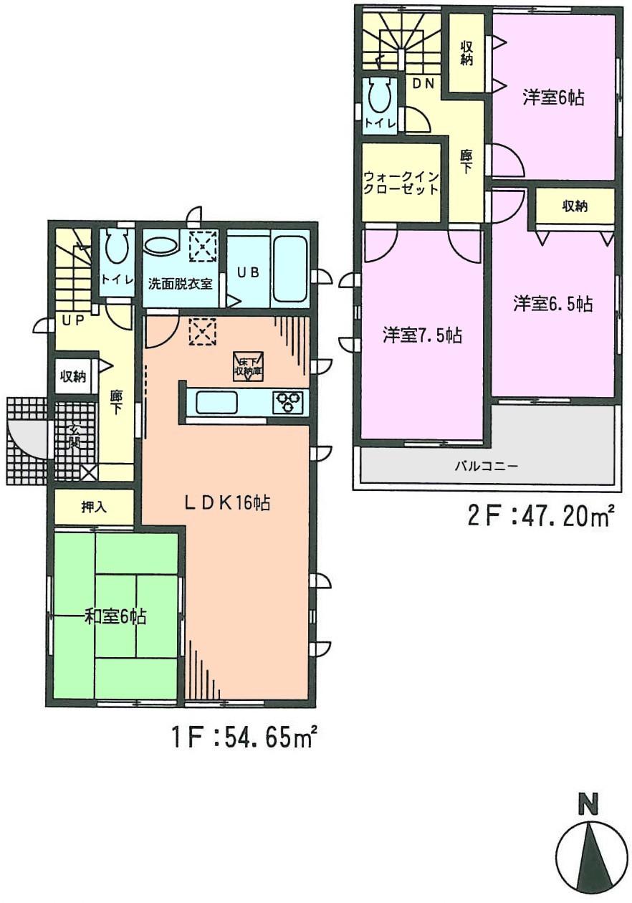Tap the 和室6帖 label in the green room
(x=116, y=616)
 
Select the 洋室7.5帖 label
(x=421, y=335)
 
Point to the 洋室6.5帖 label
(x=552, y=304)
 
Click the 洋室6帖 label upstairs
(x=552, y=98)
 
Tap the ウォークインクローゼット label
(x=401, y=183)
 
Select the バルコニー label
(x=487, y=465)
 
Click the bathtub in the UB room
(x=290, y=269)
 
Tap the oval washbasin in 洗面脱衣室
(x=162, y=247)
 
